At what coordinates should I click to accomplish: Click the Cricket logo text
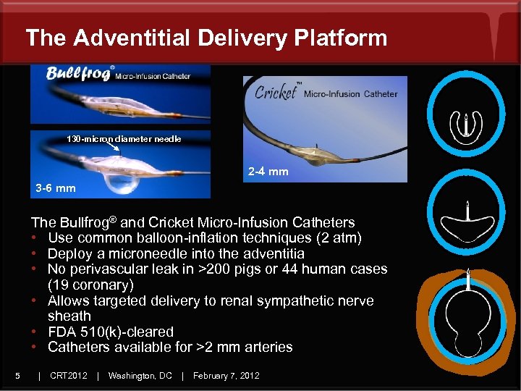[276, 93]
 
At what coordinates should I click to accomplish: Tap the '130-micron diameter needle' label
[124, 139]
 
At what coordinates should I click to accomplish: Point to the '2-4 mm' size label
[268, 172]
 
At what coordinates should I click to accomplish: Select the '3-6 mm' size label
[56, 188]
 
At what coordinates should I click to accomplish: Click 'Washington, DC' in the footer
[140, 375]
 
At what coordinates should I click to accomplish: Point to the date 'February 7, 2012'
[226, 375]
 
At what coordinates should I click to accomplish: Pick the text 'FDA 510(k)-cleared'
[111, 332]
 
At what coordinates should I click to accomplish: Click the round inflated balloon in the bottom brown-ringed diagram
[468, 319]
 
